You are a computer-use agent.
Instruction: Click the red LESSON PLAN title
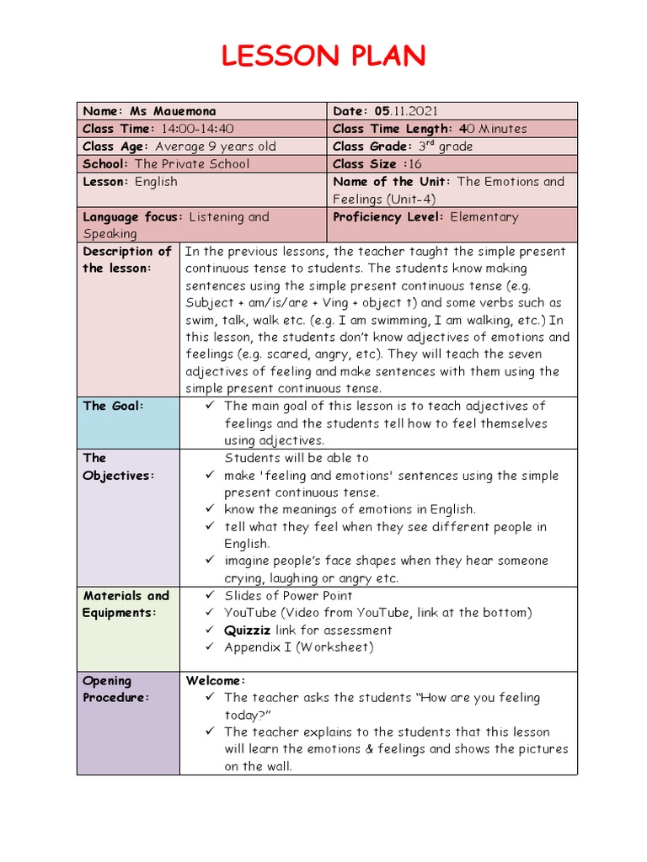point(323,56)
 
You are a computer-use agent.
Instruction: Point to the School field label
point(105,164)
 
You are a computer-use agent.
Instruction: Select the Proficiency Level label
point(388,216)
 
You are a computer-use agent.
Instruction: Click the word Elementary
point(484,216)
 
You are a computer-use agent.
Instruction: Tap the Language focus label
point(132,216)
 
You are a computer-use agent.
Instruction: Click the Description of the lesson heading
point(127,259)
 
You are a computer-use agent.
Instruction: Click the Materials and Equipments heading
point(126,604)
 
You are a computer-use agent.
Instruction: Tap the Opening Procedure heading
point(115,689)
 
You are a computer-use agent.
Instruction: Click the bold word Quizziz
point(249,630)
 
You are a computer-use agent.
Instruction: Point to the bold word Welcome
point(215,680)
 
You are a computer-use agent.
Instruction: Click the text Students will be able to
point(297,458)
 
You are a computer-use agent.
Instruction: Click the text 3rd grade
point(446,146)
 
